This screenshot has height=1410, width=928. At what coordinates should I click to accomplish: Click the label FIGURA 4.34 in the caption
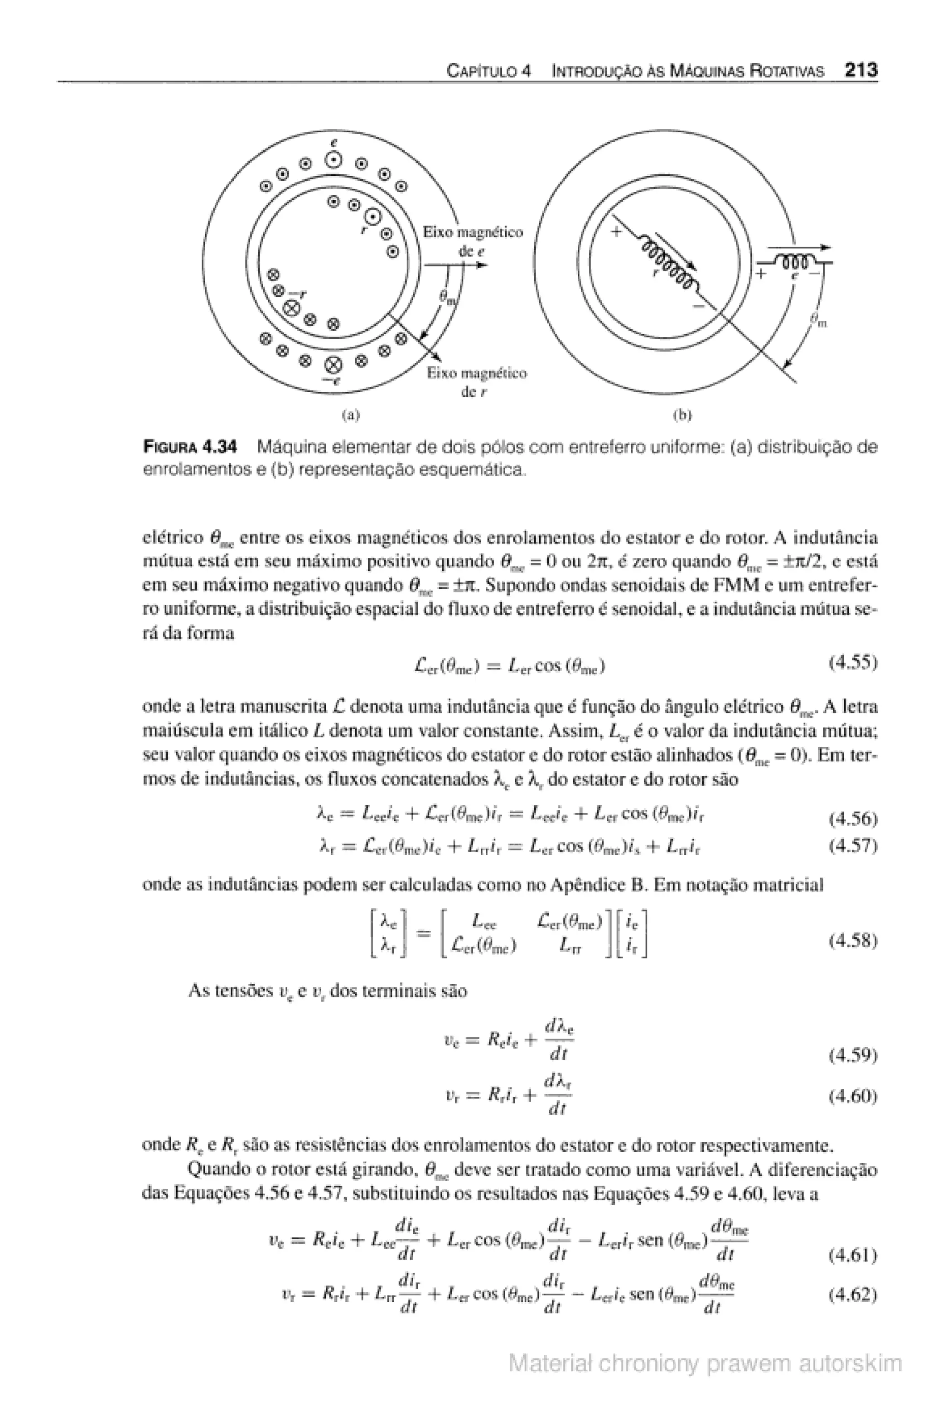click(190, 446)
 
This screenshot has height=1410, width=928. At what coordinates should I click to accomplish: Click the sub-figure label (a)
click(352, 415)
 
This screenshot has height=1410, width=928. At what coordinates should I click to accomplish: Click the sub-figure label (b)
click(683, 415)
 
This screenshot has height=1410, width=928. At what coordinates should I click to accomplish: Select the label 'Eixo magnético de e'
click(472, 241)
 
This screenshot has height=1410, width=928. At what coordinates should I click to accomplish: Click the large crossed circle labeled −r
click(291, 308)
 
